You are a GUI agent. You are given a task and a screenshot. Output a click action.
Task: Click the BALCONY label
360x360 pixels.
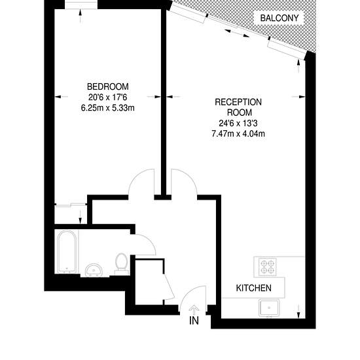coord(279,18)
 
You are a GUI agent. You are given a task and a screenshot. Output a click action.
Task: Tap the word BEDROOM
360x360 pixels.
coord(108,86)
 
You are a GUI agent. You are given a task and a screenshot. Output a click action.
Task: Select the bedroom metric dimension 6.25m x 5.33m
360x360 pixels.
coord(108,108)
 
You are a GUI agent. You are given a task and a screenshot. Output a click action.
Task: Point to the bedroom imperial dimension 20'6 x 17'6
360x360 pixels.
coord(108,97)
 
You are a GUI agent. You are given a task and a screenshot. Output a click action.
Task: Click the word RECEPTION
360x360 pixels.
coord(238,102)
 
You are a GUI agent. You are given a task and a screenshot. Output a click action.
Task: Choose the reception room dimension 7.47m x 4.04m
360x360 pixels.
coord(238,134)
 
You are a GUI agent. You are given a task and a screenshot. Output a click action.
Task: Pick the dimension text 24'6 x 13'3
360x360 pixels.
coord(238,123)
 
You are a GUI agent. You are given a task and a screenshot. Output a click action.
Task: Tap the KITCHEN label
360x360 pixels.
coord(254,288)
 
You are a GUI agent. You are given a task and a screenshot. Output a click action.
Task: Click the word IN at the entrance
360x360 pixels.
coord(194,321)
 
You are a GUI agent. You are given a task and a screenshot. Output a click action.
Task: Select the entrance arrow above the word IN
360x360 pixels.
coord(194,310)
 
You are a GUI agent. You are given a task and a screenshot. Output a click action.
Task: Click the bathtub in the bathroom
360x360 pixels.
coord(67,252)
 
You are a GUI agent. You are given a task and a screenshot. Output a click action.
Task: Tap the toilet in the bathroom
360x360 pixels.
coord(122,264)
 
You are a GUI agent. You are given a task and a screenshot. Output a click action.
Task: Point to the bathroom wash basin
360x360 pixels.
coord(94,270)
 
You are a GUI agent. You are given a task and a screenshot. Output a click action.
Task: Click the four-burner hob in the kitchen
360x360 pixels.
coord(267,267)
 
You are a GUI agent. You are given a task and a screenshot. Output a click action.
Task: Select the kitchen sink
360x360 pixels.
coord(269,308)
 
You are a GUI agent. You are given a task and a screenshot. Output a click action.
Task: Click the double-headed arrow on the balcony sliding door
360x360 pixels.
coord(237,33)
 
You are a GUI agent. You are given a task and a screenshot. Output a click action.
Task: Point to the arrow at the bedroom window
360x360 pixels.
coord(80,16)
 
